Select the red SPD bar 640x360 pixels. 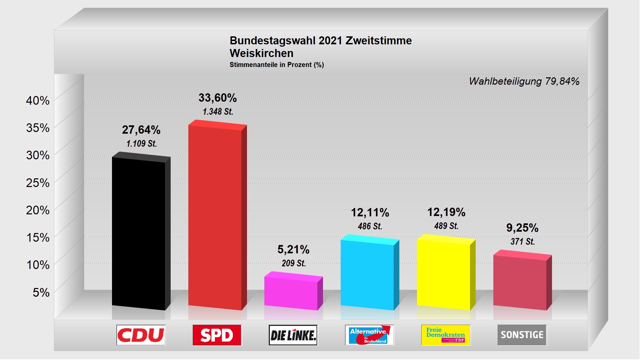tap(215, 217)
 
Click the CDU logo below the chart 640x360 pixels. tap(141, 335)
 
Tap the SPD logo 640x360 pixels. tap(217, 335)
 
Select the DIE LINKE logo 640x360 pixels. tap(293, 335)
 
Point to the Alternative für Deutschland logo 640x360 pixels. tap(369, 335)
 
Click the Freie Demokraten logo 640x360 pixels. tap(446, 335)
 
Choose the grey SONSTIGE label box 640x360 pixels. tap(522, 335)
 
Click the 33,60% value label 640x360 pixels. tap(218, 98)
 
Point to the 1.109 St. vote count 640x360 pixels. tap(141, 144)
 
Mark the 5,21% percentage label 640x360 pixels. tap(293, 249)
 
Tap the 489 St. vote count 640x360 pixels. tap(446, 226)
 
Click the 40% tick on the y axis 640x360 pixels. tap(38, 100)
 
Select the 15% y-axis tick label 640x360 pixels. tap(38, 237)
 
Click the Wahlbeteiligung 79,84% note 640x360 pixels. tap(524, 81)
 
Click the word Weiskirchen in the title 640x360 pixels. tap(262, 53)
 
